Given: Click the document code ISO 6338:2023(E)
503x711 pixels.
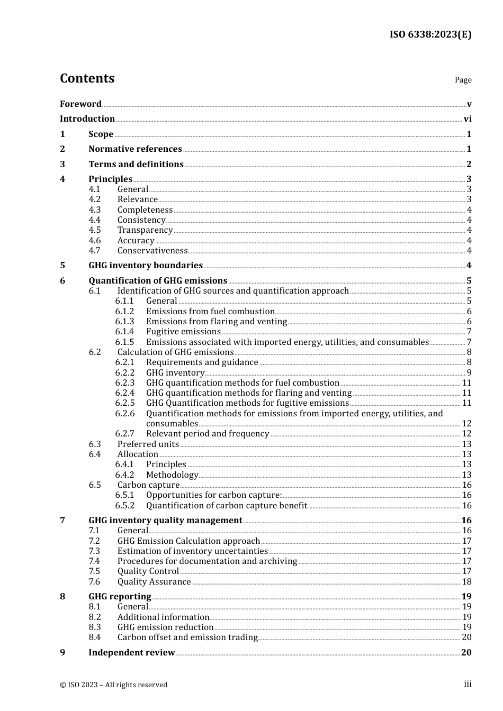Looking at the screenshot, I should [x=430, y=34].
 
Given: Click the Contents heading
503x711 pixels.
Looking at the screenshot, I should [x=87, y=78].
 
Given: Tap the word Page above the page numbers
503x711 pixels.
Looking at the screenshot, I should [x=463, y=80].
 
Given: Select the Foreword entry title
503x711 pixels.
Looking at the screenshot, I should [x=80, y=104].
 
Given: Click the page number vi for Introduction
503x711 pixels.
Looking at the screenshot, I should [x=468, y=119].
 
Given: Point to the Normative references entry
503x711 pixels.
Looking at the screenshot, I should [x=135, y=149].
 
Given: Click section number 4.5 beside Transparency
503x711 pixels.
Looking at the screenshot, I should [x=95, y=230].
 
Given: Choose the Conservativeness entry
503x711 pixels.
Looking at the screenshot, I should [x=152, y=251].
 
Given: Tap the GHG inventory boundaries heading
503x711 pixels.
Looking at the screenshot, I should [x=146, y=266].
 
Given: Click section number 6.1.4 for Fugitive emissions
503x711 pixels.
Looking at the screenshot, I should [x=124, y=332].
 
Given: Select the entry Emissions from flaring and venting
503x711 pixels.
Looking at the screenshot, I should [x=217, y=322].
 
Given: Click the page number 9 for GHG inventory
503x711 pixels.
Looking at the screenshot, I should [x=469, y=373].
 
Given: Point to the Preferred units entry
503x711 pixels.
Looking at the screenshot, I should [x=148, y=444].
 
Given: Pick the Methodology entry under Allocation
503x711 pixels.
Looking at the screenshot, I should [x=172, y=475].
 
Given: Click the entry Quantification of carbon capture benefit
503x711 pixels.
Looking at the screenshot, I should [x=227, y=506].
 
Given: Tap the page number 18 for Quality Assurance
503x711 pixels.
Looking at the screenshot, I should [x=466, y=582].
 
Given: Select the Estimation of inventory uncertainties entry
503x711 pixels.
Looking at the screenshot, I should [x=193, y=551].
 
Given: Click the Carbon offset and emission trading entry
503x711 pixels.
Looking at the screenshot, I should [x=187, y=637].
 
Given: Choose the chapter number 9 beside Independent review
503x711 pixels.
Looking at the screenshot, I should [x=62, y=653].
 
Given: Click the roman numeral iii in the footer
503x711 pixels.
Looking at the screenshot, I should [x=468, y=684].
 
